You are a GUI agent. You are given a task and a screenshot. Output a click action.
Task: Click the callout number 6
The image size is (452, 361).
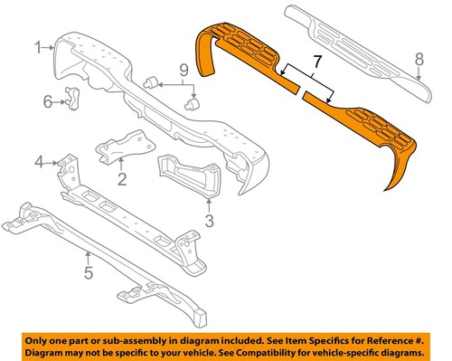[49, 101]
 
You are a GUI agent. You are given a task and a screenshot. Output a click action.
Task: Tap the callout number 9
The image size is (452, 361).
[182, 69]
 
